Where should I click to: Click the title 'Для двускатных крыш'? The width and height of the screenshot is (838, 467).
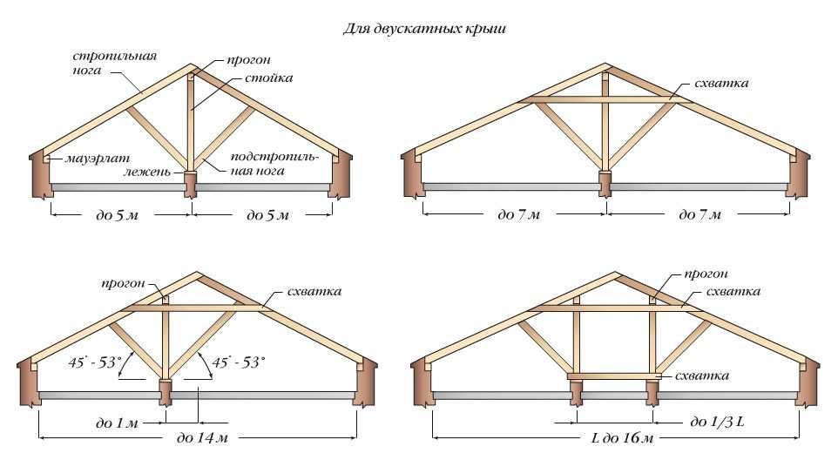click(423, 29)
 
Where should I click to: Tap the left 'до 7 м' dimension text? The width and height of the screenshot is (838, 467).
click(520, 215)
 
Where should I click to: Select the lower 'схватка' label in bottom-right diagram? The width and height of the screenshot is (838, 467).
click(701, 376)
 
